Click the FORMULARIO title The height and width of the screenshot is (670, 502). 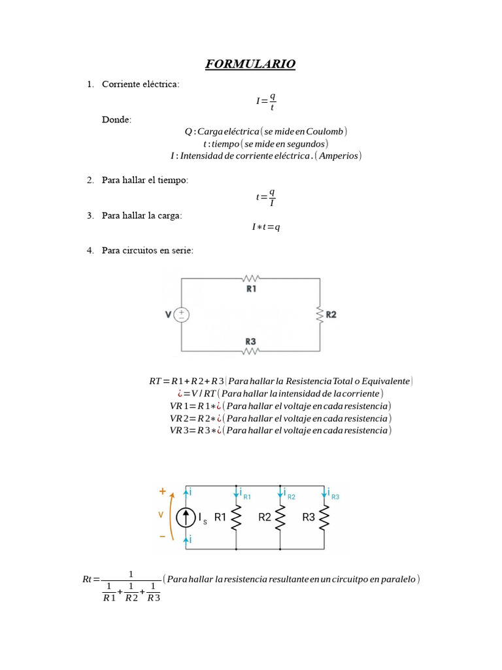pyautogui.click(x=250, y=64)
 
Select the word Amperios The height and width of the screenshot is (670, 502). pyautogui.click(x=338, y=156)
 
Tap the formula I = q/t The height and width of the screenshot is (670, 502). pyautogui.click(x=265, y=101)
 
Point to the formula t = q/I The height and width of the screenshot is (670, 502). pyautogui.click(x=265, y=197)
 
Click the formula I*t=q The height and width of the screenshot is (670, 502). pyautogui.click(x=265, y=227)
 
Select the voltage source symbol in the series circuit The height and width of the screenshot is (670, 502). pyautogui.click(x=181, y=315)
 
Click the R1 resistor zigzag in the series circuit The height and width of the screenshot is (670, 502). pyautogui.click(x=251, y=279)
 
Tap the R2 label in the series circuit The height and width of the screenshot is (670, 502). pyautogui.click(x=331, y=315)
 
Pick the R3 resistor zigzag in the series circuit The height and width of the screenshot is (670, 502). pyautogui.click(x=251, y=351)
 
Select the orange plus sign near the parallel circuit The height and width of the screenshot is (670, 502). pyautogui.click(x=162, y=491)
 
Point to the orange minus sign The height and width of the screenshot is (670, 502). pyautogui.click(x=162, y=536)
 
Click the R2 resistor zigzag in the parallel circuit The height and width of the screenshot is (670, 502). pyautogui.click(x=280, y=518)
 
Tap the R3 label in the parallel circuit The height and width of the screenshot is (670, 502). pyautogui.click(x=309, y=518)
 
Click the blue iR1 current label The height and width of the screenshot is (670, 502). pyautogui.click(x=244, y=495)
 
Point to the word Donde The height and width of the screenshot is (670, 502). pyautogui.click(x=116, y=120)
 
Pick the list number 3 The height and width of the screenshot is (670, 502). pyautogui.click(x=90, y=215)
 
